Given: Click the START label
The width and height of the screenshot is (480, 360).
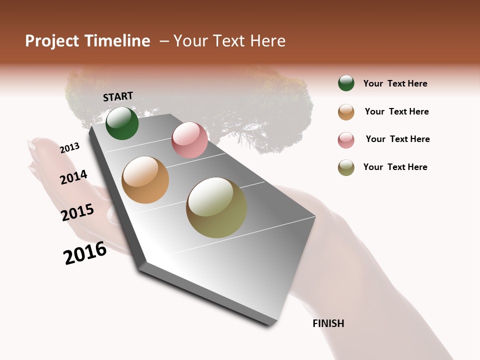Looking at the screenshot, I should point(118,96).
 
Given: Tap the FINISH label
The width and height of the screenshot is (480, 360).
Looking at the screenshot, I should point(328,323).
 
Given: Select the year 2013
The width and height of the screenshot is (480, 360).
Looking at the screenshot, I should point(69,148).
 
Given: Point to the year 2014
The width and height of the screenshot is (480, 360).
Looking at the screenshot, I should point(73,177).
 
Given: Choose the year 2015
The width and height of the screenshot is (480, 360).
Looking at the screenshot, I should point(77,212).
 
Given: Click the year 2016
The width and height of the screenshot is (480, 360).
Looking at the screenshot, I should point(85,253).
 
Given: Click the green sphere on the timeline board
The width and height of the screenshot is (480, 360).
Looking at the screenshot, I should point(122,123).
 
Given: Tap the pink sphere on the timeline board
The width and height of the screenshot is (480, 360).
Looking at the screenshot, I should point(189,140).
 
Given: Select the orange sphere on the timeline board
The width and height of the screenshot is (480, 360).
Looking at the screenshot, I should point(145,180).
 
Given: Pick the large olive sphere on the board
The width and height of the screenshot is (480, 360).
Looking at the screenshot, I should point(216,207).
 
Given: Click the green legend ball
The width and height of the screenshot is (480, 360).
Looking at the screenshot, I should point(346,83).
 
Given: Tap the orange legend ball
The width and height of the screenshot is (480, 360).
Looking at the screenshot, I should point(346,112).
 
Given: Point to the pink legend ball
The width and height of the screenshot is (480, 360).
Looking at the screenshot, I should point(346,140).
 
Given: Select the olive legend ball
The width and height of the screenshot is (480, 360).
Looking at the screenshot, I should point(346,167).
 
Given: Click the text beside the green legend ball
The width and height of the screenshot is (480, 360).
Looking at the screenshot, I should point(395,83).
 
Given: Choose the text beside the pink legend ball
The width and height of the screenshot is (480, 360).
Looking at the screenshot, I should point(397,139).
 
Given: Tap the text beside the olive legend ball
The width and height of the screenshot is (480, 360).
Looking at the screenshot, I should point(395,167).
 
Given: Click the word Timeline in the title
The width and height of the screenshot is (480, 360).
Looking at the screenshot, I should point(117,41).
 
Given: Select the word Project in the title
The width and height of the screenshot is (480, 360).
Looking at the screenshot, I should point(51,41).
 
